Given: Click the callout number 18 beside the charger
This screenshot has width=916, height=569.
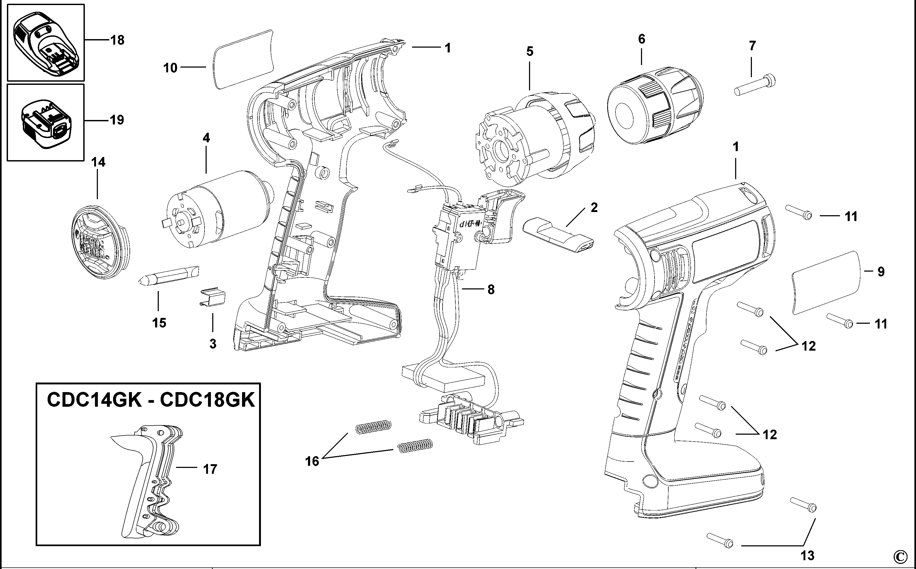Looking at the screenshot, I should tap(117, 40).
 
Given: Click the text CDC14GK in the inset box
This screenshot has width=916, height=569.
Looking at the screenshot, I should tap(94, 400).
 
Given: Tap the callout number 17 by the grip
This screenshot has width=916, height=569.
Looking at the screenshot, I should tap(210, 469).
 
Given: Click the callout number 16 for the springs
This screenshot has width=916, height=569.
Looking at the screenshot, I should tap(312, 461).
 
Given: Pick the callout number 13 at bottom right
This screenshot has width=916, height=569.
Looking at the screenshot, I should tap(807, 555).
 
